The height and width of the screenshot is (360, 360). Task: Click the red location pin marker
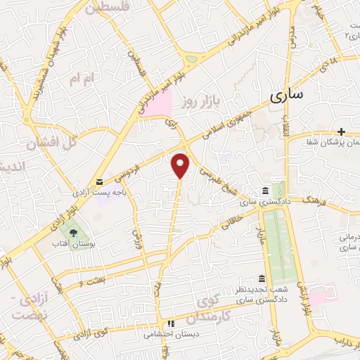pyautogui.click(x=181, y=165)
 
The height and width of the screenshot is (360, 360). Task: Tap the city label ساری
pyautogui.click(x=286, y=96)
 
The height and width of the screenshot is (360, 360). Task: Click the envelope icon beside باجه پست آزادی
pyautogui.click(x=99, y=181)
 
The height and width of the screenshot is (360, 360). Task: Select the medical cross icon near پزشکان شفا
pyautogui.click(x=341, y=131)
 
